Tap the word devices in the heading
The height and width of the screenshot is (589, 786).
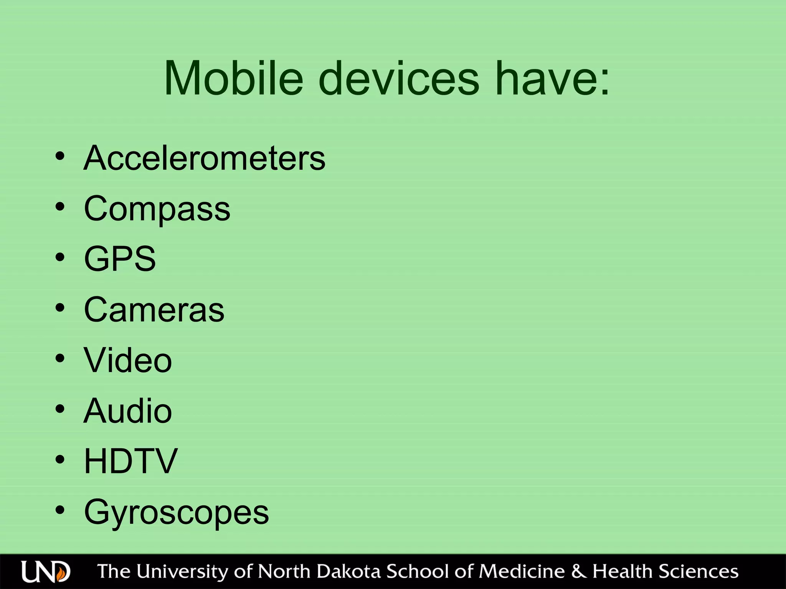[399, 79]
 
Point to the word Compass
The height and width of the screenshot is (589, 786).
[157, 209]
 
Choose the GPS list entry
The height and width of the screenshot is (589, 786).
[120, 259]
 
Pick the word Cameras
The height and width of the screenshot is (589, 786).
[154, 309]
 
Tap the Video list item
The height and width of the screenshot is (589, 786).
[128, 360]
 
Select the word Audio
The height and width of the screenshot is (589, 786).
[127, 411]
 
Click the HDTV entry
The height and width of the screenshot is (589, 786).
[130, 461]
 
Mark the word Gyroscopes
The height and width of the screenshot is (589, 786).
[176, 512]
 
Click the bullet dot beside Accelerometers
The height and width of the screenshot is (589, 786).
[60, 156]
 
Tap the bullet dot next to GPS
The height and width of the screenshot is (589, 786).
[60, 257]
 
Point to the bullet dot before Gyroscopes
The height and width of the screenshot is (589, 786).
[60, 510]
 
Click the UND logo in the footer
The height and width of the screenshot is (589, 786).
[46, 572]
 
